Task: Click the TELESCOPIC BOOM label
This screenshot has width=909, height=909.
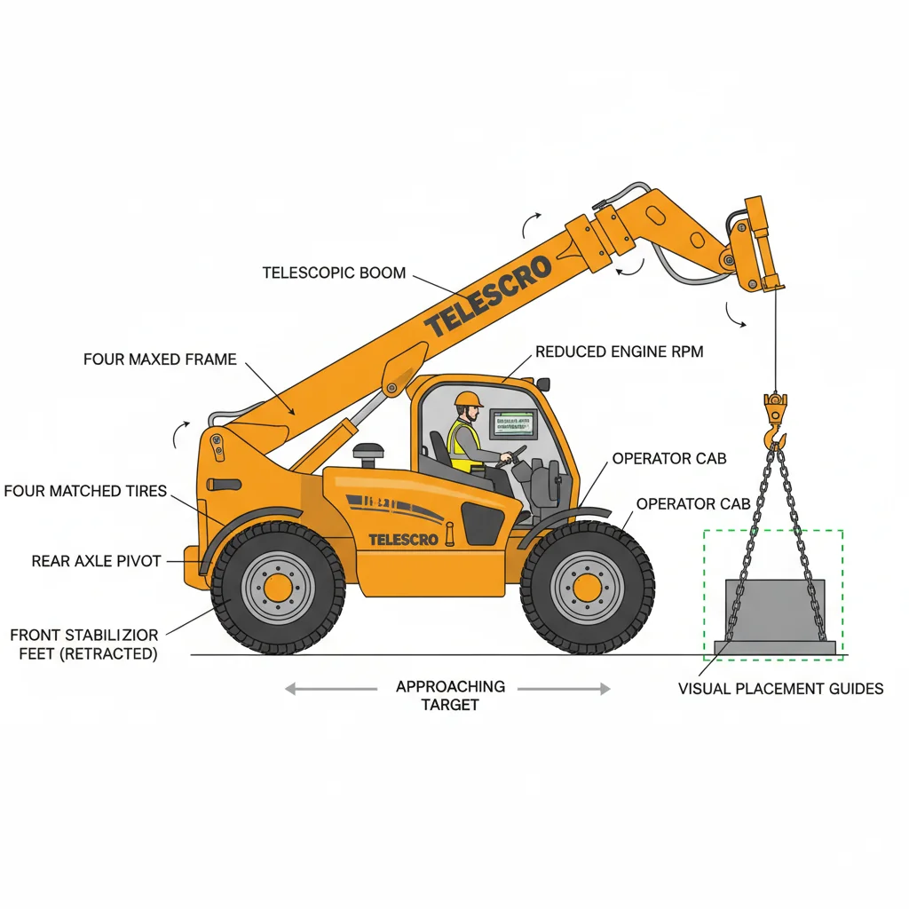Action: point(334,273)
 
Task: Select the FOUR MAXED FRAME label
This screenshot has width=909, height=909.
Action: point(160,360)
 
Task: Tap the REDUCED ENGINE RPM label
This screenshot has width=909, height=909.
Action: point(619,352)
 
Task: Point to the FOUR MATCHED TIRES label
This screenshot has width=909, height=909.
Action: point(85,491)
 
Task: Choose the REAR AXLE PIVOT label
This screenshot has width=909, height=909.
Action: point(96,561)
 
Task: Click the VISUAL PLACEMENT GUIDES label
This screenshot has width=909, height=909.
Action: point(780,689)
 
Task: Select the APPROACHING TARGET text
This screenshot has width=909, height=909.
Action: point(450,695)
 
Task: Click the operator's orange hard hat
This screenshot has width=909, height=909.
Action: point(468,399)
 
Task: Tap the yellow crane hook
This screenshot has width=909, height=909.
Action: point(775,421)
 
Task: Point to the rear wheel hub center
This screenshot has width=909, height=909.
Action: point(278,588)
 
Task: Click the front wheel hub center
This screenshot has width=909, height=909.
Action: point(587,588)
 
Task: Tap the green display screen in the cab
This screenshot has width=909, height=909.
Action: point(515,422)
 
